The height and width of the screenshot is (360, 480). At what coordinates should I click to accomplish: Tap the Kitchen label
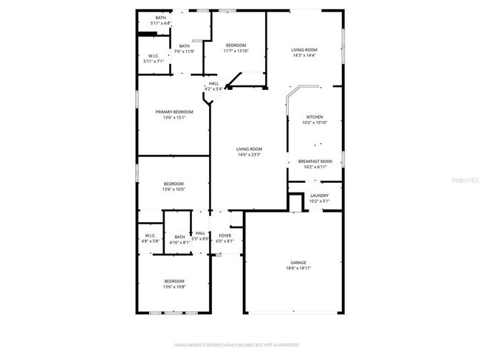pos(315,117)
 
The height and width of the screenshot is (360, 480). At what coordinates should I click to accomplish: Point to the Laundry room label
pos(320,195)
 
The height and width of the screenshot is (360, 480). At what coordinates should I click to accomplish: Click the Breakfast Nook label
pos(315,161)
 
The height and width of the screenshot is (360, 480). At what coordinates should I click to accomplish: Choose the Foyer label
pos(224,235)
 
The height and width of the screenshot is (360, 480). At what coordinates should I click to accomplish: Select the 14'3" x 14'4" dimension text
pos(304,55)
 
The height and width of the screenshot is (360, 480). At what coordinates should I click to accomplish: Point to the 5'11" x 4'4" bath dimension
pos(160,24)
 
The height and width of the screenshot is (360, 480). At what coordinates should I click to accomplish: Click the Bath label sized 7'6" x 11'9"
pos(184,46)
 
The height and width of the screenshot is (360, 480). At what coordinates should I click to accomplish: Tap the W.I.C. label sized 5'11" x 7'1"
pos(154,55)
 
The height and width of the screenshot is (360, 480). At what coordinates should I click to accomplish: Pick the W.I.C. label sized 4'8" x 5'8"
pos(151,235)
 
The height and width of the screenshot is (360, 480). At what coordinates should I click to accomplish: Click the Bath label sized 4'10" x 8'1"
pos(179,237)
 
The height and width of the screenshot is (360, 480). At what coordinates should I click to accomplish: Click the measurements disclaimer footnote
pos(236,345)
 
